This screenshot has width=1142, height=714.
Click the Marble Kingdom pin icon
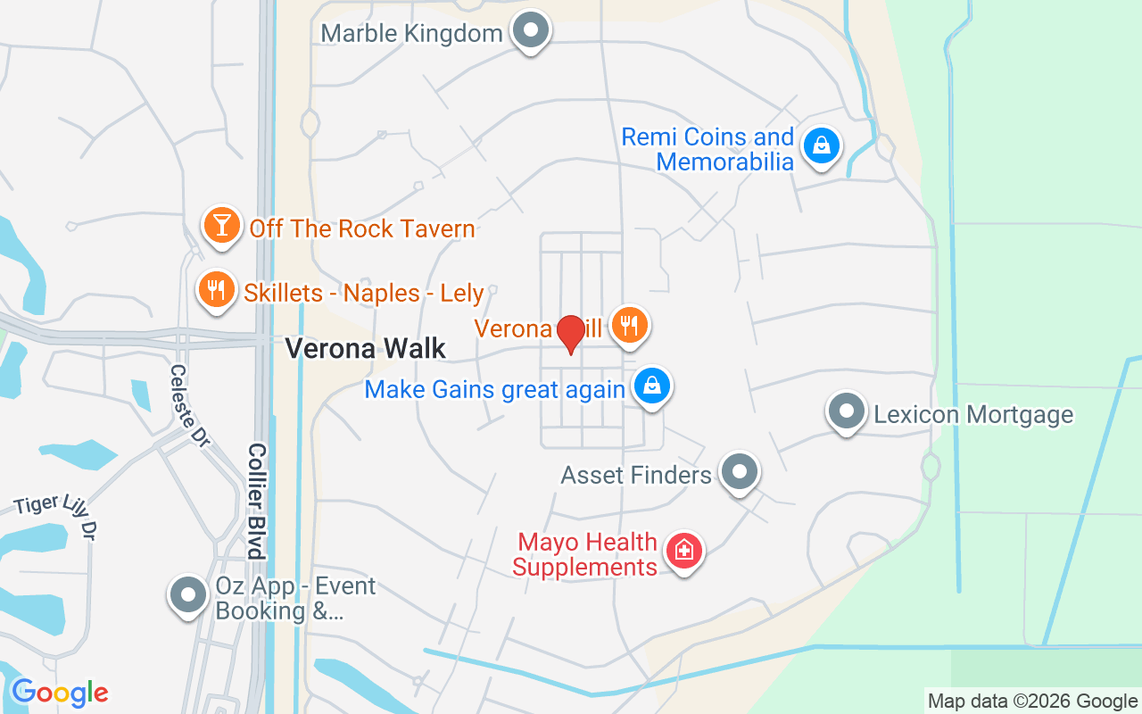tap(531, 31)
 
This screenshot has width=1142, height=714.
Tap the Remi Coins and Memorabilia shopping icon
tap(821, 145)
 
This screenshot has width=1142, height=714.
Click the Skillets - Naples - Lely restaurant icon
tap(216, 289)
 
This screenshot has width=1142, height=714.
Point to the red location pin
tap(570, 333)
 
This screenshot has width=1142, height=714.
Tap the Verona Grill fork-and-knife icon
tap(630, 325)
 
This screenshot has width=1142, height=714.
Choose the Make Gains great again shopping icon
tap(652, 386)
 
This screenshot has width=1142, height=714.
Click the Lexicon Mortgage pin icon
tap(846, 412)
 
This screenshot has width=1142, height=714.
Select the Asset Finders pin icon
tap(739, 472)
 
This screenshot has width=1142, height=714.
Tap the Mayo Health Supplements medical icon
tap(683, 551)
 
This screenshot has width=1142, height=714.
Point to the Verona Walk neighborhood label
tap(365, 348)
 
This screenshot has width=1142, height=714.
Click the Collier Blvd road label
tap(257, 501)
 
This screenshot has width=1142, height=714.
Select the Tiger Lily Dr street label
tap(55, 517)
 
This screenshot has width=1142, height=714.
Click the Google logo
tap(60, 693)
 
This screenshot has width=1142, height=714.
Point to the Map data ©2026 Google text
tap(1032, 702)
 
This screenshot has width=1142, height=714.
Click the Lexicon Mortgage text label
tap(973, 414)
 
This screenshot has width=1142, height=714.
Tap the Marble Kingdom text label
tap(411, 34)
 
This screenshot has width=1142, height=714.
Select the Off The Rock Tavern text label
tap(362, 228)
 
